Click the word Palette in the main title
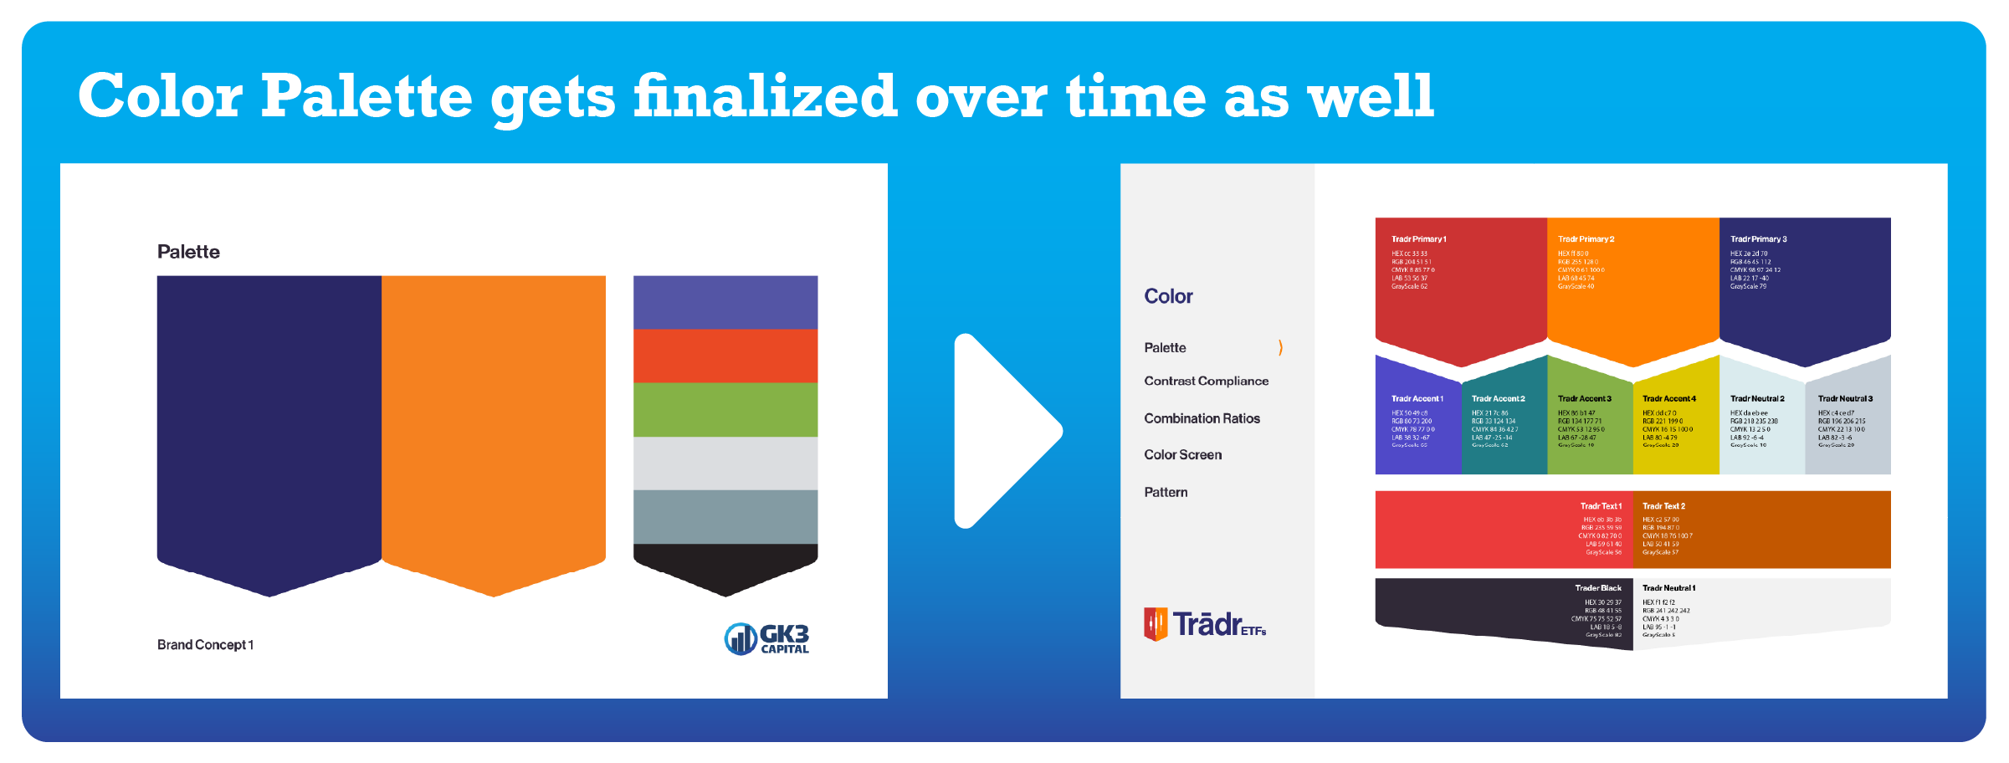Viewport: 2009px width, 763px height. click(366, 97)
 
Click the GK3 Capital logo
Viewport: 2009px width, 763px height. click(766, 639)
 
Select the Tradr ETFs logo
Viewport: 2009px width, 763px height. click(1205, 624)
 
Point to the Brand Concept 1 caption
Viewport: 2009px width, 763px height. click(205, 645)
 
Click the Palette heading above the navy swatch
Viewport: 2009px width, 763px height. click(188, 252)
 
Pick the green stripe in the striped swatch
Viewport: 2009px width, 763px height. click(725, 410)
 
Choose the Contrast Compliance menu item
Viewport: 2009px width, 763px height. click(1206, 381)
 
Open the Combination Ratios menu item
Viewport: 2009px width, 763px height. click(1202, 418)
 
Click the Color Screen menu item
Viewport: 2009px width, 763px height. click(1182, 455)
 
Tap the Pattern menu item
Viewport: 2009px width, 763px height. click(1166, 493)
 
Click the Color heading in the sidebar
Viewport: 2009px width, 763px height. click(1168, 296)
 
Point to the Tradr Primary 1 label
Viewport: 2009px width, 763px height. click(1418, 239)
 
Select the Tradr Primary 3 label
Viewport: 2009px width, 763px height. click(1758, 239)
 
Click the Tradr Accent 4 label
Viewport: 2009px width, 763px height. click(1668, 399)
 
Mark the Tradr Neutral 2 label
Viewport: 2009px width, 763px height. click(1757, 399)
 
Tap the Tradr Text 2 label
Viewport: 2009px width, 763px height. click(1663, 506)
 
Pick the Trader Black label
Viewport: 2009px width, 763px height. click(1597, 588)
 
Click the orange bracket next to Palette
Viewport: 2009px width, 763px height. click(1280, 347)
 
